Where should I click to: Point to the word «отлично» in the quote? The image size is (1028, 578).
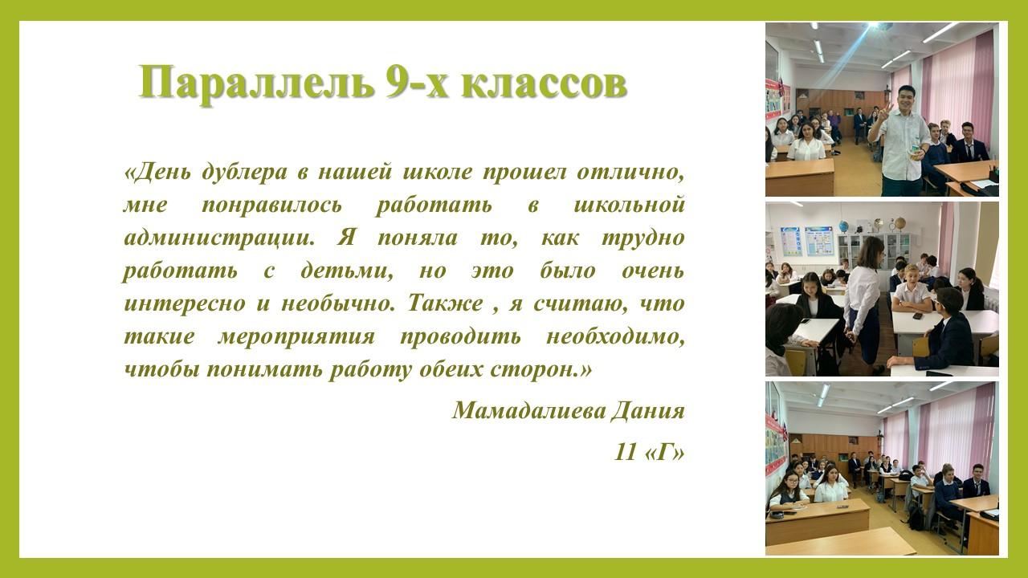pos(630,173)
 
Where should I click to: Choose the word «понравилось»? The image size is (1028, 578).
pos(272,206)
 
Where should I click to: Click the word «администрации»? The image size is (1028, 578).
pos(220,238)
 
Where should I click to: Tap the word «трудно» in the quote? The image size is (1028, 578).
pos(643,238)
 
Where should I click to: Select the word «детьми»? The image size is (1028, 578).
pos(348,271)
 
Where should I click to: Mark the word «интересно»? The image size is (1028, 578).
pos(185,304)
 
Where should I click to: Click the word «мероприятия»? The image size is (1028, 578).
pos(296,337)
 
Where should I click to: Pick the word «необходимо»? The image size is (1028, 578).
pos(615,337)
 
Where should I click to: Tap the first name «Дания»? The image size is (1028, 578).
pos(648,410)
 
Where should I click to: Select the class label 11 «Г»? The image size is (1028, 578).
pos(650,452)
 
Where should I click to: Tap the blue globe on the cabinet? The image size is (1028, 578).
pos(843,226)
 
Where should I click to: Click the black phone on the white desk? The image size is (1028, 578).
pos(918,315)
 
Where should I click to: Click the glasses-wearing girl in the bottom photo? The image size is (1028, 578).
pos(790,490)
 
